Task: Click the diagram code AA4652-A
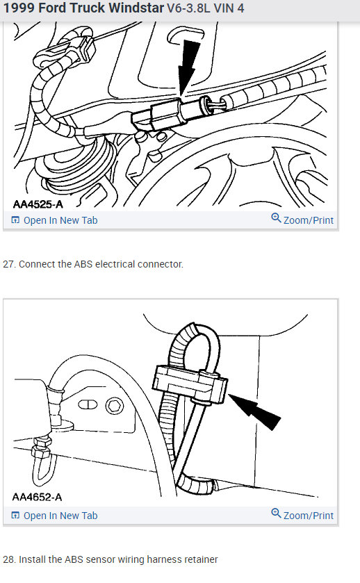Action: click(x=37, y=498)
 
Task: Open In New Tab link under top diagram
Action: click(x=60, y=220)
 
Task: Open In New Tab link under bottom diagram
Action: click(x=60, y=516)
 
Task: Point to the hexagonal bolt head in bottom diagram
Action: click(x=111, y=404)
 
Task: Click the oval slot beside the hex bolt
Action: click(x=88, y=404)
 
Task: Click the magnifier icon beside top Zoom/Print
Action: click(x=276, y=220)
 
